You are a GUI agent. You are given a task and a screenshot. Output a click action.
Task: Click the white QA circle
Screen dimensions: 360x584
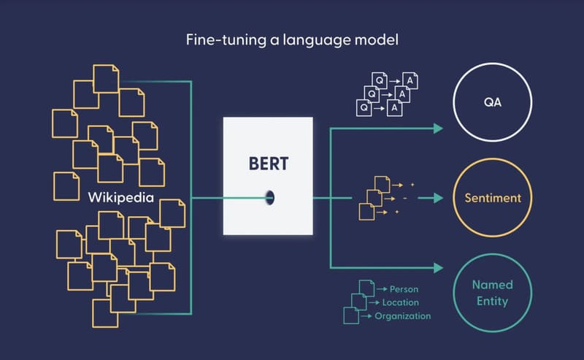pos(493,104)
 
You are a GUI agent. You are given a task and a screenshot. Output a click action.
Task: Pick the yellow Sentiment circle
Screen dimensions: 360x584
pos(493,197)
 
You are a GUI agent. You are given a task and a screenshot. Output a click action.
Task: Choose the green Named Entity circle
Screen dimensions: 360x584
pos(493,292)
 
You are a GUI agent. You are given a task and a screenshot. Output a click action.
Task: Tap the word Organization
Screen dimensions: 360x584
pos(402,316)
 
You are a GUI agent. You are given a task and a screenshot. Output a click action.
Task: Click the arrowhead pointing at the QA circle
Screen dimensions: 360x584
pos(438,129)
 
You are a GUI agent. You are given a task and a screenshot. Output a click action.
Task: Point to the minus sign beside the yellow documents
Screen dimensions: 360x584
pos(404,198)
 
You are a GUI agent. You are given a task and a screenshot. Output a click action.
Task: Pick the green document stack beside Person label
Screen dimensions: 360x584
pos(357,301)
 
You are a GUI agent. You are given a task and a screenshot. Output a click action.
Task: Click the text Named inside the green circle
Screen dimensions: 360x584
pos(493,285)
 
